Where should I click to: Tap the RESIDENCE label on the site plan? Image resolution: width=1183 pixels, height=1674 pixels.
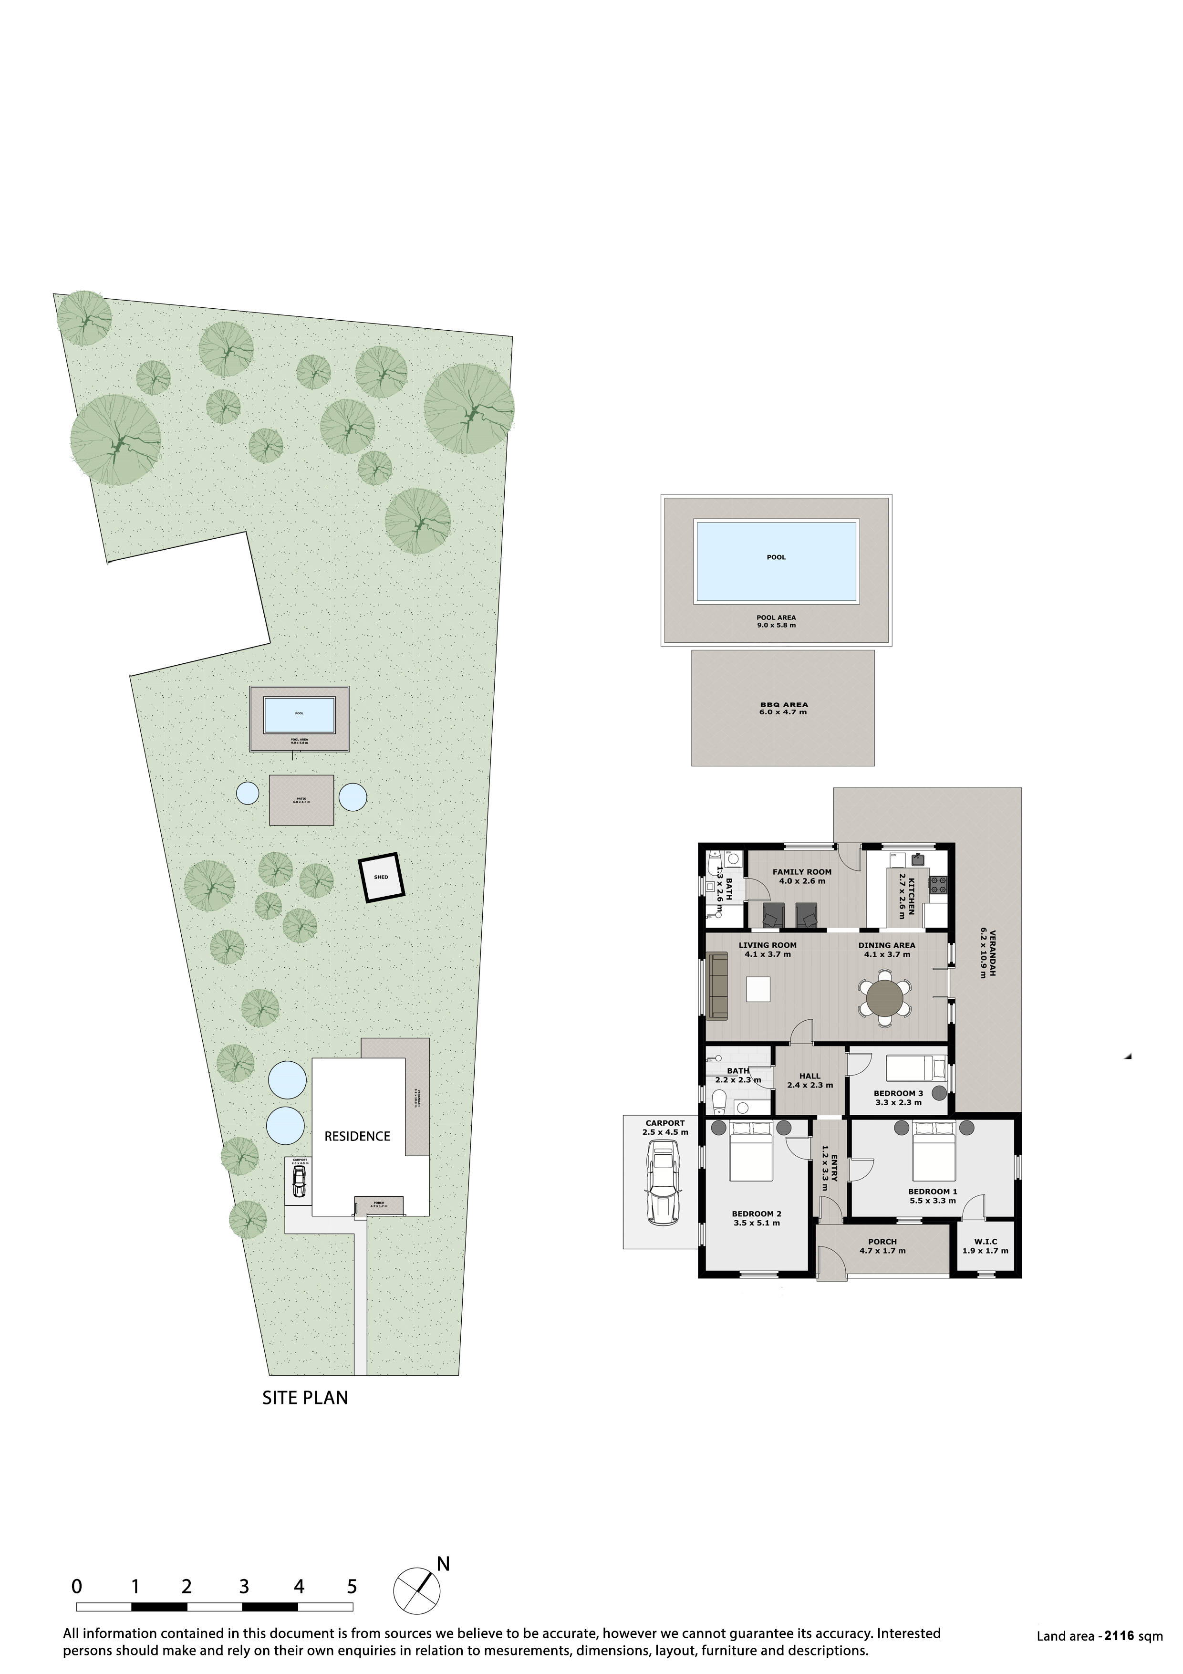pos(357,1136)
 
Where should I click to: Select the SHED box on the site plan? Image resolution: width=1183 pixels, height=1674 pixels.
pos(381,878)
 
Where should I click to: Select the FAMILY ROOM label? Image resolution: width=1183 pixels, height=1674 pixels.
pos(802,876)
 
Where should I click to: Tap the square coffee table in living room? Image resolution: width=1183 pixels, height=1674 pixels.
pos(758,989)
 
